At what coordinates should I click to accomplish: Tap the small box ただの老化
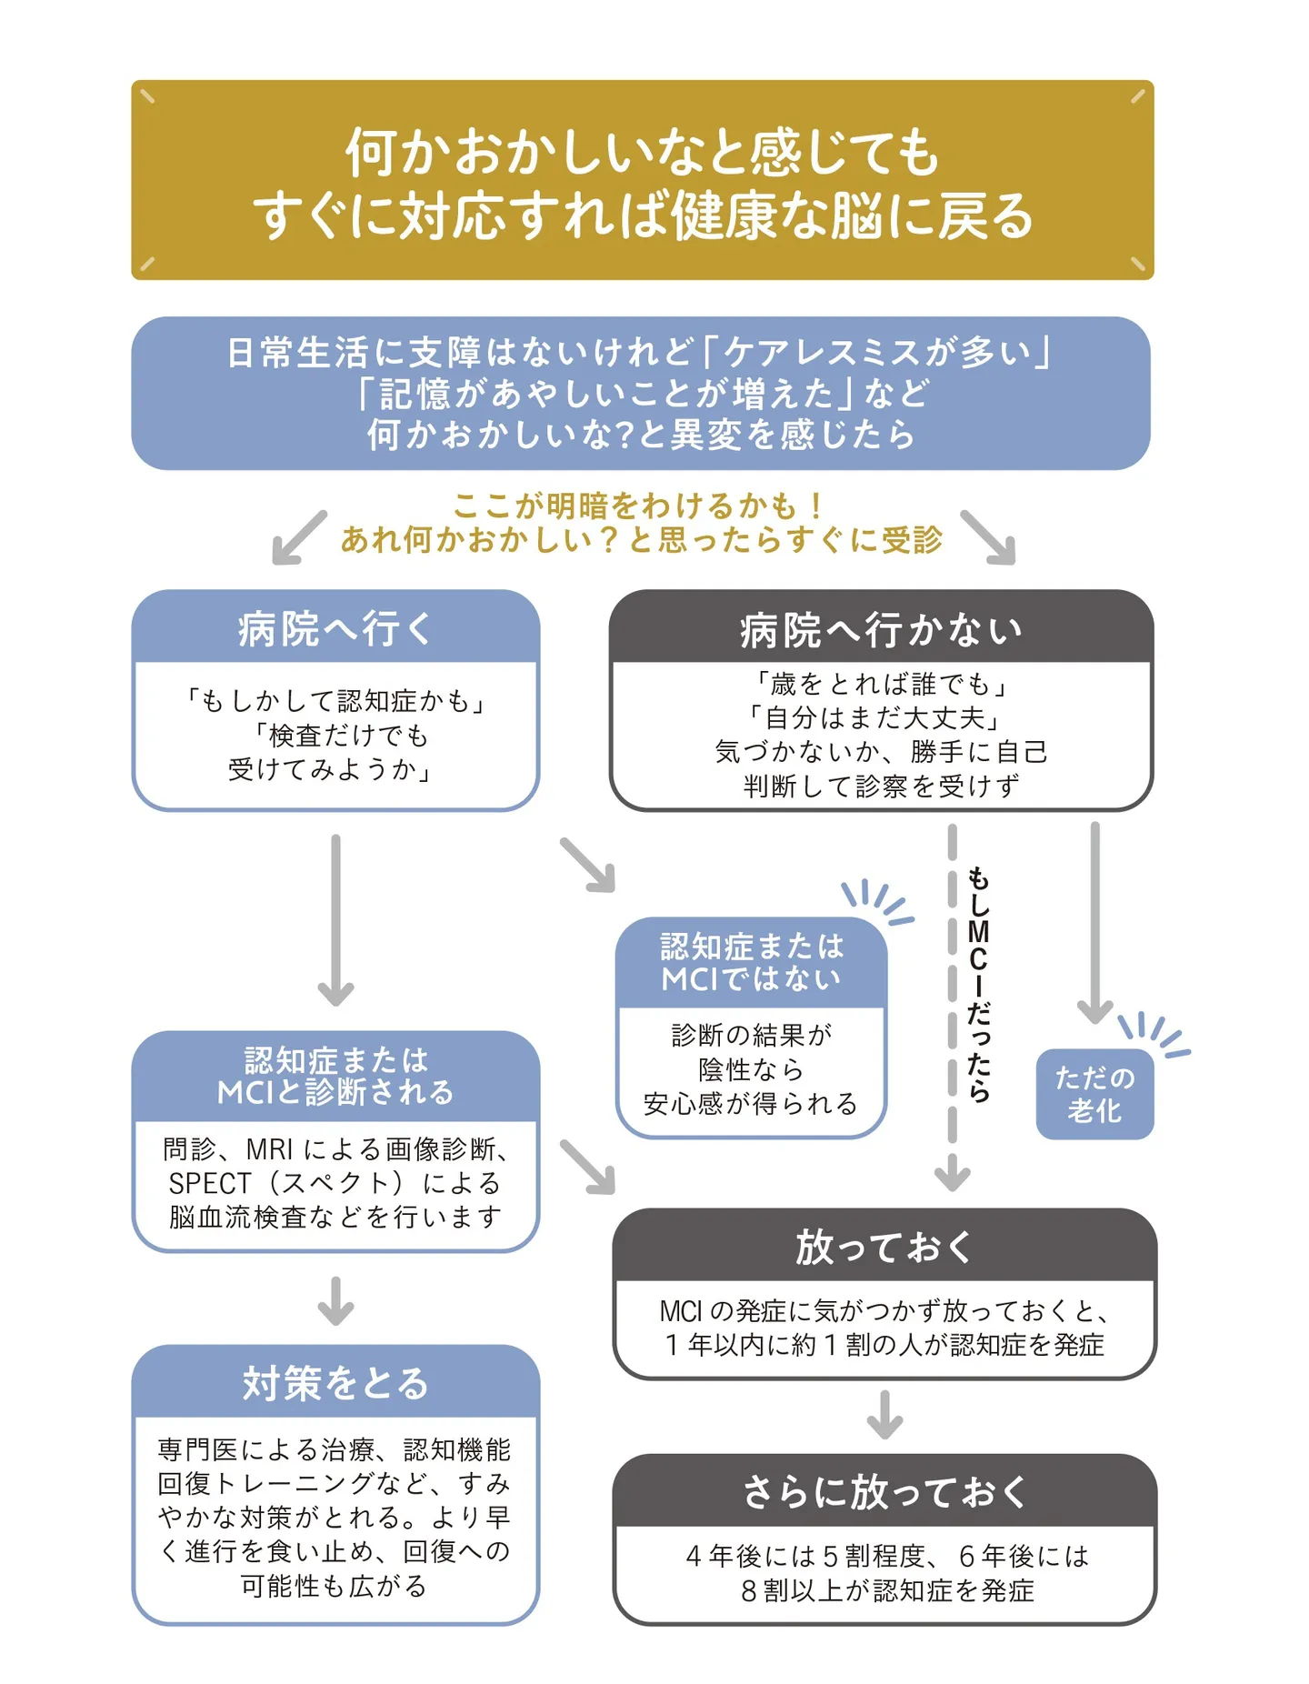[x=1094, y=1094]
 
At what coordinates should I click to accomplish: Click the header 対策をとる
[x=335, y=1382]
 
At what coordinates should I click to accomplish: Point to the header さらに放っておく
[x=884, y=1491]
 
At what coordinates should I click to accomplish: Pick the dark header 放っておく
[x=884, y=1246]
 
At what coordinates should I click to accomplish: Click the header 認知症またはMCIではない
[x=751, y=963]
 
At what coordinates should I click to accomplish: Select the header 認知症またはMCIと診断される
[x=335, y=1077]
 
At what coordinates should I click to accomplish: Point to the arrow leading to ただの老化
[x=1094, y=923]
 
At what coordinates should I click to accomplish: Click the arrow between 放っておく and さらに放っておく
[x=884, y=1415]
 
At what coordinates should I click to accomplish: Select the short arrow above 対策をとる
[x=335, y=1301]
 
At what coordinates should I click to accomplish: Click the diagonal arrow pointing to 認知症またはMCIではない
[x=588, y=865]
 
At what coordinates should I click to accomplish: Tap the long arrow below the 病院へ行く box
[x=335, y=920]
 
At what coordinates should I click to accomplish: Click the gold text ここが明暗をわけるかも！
[x=639, y=506]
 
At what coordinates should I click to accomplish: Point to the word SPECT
[x=209, y=1183]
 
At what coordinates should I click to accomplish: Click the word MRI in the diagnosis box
[x=269, y=1149]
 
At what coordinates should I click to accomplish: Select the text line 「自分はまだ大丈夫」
[x=874, y=717]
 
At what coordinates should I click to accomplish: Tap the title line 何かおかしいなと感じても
[x=642, y=151]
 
